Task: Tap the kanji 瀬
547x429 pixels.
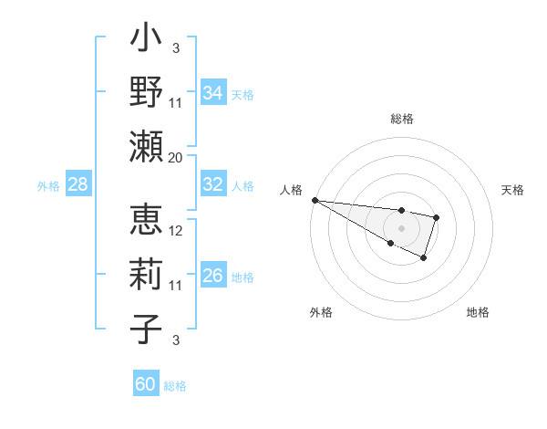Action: pyautogui.click(x=147, y=146)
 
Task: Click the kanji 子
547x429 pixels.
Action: pyautogui.click(x=147, y=329)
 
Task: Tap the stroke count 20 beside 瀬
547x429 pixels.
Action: pyautogui.click(x=176, y=157)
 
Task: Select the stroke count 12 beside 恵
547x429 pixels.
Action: pyautogui.click(x=176, y=230)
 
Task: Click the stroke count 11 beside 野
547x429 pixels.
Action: pyautogui.click(x=176, y=102)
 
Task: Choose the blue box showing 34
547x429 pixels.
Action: pyautogui.click(x=212, y=93)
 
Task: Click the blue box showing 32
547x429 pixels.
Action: pyautogui.click(x=212, y=184)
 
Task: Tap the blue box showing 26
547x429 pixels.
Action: pyautogui.click(x=212, y=276)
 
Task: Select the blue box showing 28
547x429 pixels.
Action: pyautogui.click(x=77, y=184)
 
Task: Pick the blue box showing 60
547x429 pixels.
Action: pyautogui.click(x=145, y=384)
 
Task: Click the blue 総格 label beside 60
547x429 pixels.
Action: pyautogui.click(x=175, y=386)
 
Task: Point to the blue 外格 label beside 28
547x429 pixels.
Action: pyautogui.click(x=48, y=186)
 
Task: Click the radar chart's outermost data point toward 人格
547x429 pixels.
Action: pyautogui.click(x=314, y=200)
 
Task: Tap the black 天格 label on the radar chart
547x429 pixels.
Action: pyautogui.click(x=513, y=190)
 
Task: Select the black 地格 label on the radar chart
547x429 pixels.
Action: pyautogui.click(x=478, y=312)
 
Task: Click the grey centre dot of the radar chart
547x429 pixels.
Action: pyautogui.click(x=401, y=228)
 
